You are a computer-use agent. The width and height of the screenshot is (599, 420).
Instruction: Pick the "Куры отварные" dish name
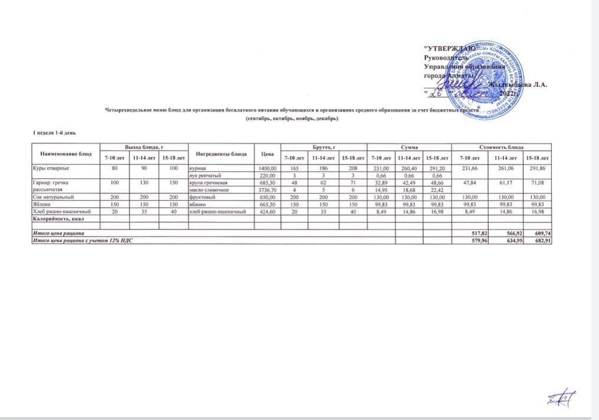(x=48, y=168)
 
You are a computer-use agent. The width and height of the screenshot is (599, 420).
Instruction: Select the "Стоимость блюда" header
(x=502, y=146)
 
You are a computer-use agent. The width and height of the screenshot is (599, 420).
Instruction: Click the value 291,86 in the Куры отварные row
(x=541, y=168)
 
